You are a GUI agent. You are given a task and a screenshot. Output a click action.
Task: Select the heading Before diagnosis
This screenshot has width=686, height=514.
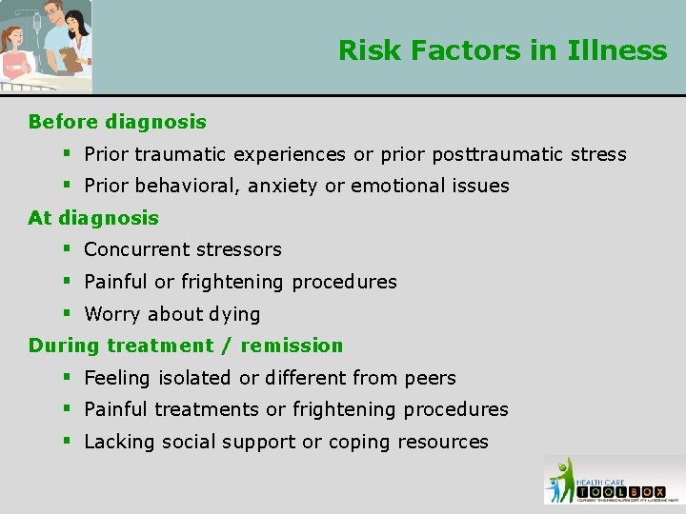coord(117,122)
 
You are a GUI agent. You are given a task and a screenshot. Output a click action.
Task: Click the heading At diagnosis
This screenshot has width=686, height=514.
coord(93,218)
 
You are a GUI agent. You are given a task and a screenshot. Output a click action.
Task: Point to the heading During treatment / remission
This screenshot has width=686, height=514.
coord(186,346)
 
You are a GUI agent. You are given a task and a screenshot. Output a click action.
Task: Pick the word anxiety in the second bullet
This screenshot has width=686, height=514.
coord(283,186)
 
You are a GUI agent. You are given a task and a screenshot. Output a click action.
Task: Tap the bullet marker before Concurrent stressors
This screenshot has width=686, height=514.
coord(68,249)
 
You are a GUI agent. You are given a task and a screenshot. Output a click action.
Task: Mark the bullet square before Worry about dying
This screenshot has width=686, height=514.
coord(68,313)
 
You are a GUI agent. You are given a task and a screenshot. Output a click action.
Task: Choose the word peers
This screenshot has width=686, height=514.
coord(429,378)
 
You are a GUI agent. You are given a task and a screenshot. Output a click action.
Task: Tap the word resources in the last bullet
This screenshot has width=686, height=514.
coord(443,442)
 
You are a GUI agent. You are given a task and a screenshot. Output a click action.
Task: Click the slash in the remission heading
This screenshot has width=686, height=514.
coord(228,346)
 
